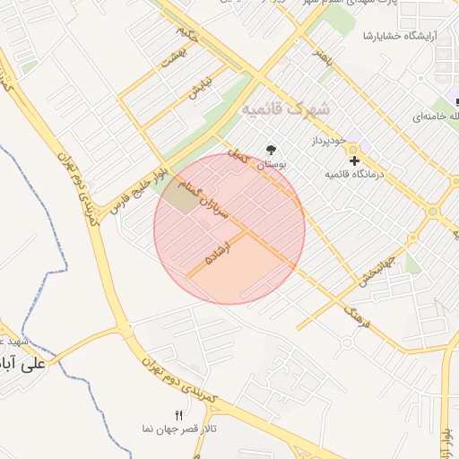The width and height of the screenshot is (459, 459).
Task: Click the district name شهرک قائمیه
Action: click(285, 108)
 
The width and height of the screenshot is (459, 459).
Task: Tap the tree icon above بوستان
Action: click(272, 151)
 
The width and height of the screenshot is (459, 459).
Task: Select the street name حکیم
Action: click(186, 38)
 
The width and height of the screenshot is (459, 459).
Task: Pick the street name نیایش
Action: click(199, 86)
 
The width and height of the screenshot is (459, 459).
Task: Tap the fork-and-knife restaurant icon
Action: click(178, 414)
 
